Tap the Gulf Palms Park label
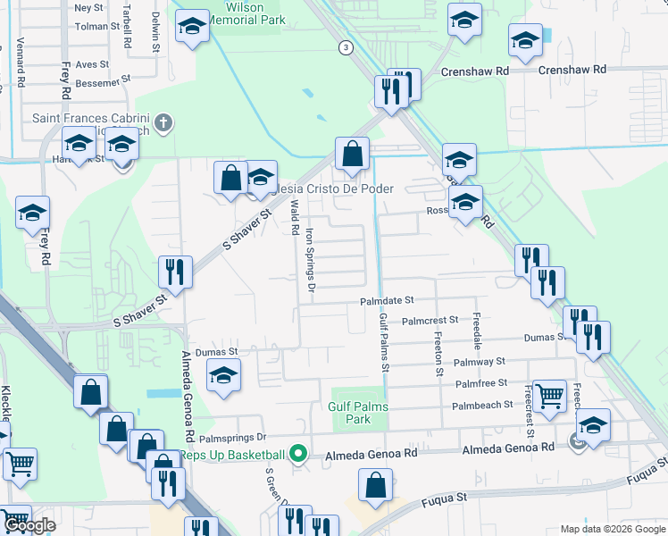pyautogui.click(x=358, y=412)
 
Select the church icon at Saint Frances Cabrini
pyautogui.click(x=163, y=122)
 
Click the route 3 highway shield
pyautogui.click(x=345, y=46)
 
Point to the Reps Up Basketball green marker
pyautogui.click(x=298, y=455)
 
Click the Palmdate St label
pyautogui.click(x=387, y=302)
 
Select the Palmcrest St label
pyautogui.click(x=430, y=319)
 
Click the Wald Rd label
pyautogui.click(x=294, y=218)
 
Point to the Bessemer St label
pyautogui.click(x=91, y=83)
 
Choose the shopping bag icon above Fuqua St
pyautogui.click(x=375, y=486)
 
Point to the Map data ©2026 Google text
pyautogui.click(x=613, y=529)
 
